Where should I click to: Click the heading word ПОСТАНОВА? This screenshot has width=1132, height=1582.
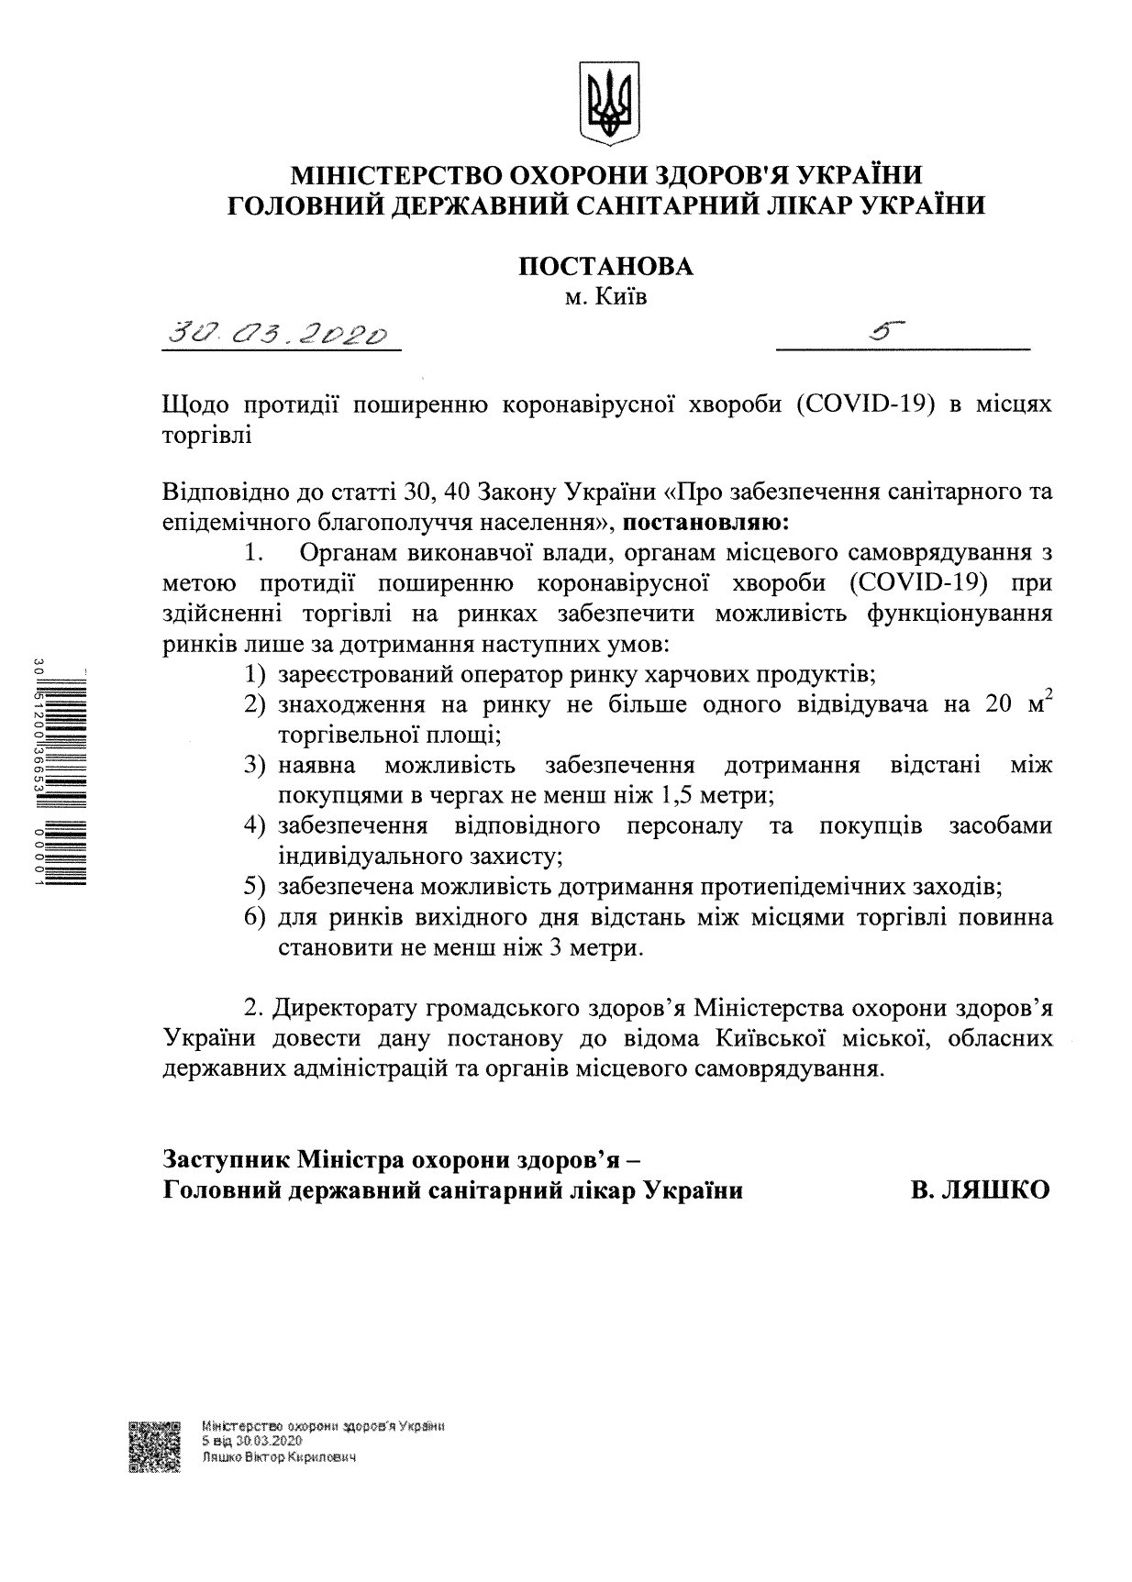click(605, 266)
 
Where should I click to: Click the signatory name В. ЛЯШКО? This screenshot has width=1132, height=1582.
click(979, 1190)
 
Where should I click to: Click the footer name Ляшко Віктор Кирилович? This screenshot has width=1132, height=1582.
click(278, 1456)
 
